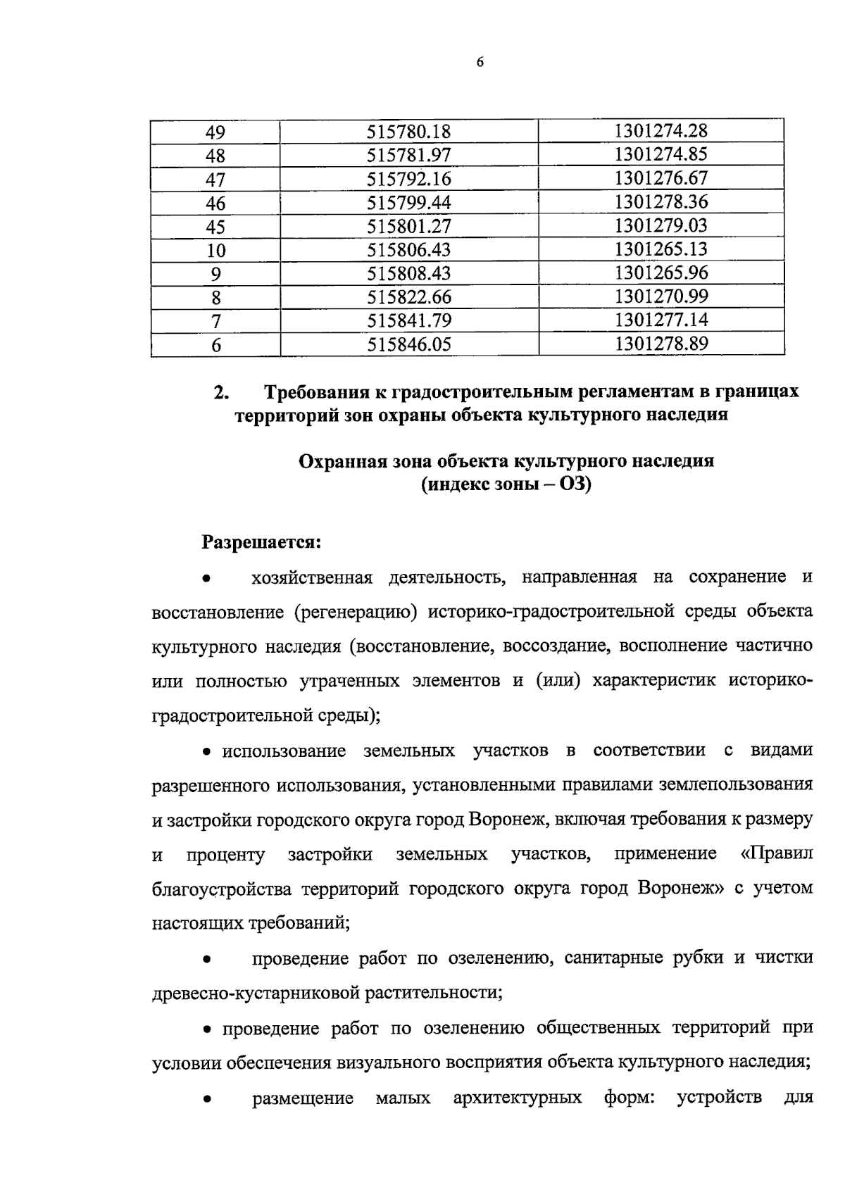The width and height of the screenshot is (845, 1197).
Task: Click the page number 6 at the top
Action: [480, 62]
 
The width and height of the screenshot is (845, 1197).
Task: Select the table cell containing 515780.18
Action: [408, 132]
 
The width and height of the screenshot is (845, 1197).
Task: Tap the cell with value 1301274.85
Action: [661, 155]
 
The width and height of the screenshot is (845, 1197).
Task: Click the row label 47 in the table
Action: [215, 180]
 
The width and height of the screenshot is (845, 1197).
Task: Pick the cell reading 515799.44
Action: [408, 203]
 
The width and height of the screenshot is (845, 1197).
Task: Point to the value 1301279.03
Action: [661, 226]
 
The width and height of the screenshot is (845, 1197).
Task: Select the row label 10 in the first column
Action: [215, 251]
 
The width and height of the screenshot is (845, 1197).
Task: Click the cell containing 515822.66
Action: [408, 297]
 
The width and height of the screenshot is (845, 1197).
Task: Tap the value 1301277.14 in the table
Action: [661, 320]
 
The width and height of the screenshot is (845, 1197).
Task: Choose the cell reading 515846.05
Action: [408, 344]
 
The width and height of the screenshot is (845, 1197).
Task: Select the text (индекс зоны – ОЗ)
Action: [506, 485]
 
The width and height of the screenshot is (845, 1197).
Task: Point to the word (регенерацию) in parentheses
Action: [353, 611]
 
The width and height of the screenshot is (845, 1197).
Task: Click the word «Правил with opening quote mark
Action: [777, 853]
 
